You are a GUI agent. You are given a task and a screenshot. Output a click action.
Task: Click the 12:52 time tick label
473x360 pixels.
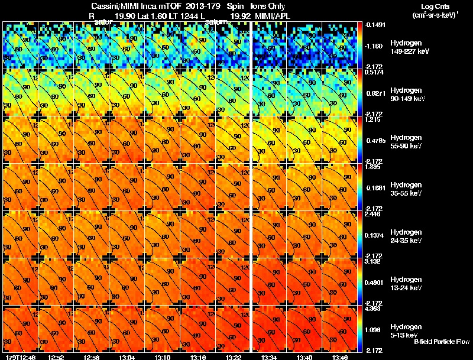click(56, 357)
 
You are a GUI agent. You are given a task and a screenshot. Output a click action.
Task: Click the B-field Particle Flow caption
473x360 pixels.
click(441, 342)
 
